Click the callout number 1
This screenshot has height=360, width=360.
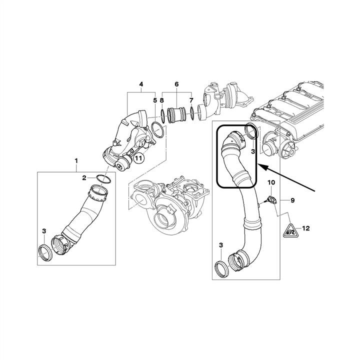[x=76, y=160]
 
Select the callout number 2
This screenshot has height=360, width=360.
[x=84, y=177]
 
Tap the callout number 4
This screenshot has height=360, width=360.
[x=141, y=84]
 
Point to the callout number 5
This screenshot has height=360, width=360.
[x=155, y=100]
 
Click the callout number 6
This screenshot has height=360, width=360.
[x=176, y=84]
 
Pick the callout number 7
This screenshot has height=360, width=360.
[x=191, y=100]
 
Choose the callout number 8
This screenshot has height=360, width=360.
[x=162, y=100]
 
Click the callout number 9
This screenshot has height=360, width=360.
[x=292, y=200]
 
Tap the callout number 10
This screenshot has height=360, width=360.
[x=271, y=182]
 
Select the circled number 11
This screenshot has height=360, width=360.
[x=138, y=158]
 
